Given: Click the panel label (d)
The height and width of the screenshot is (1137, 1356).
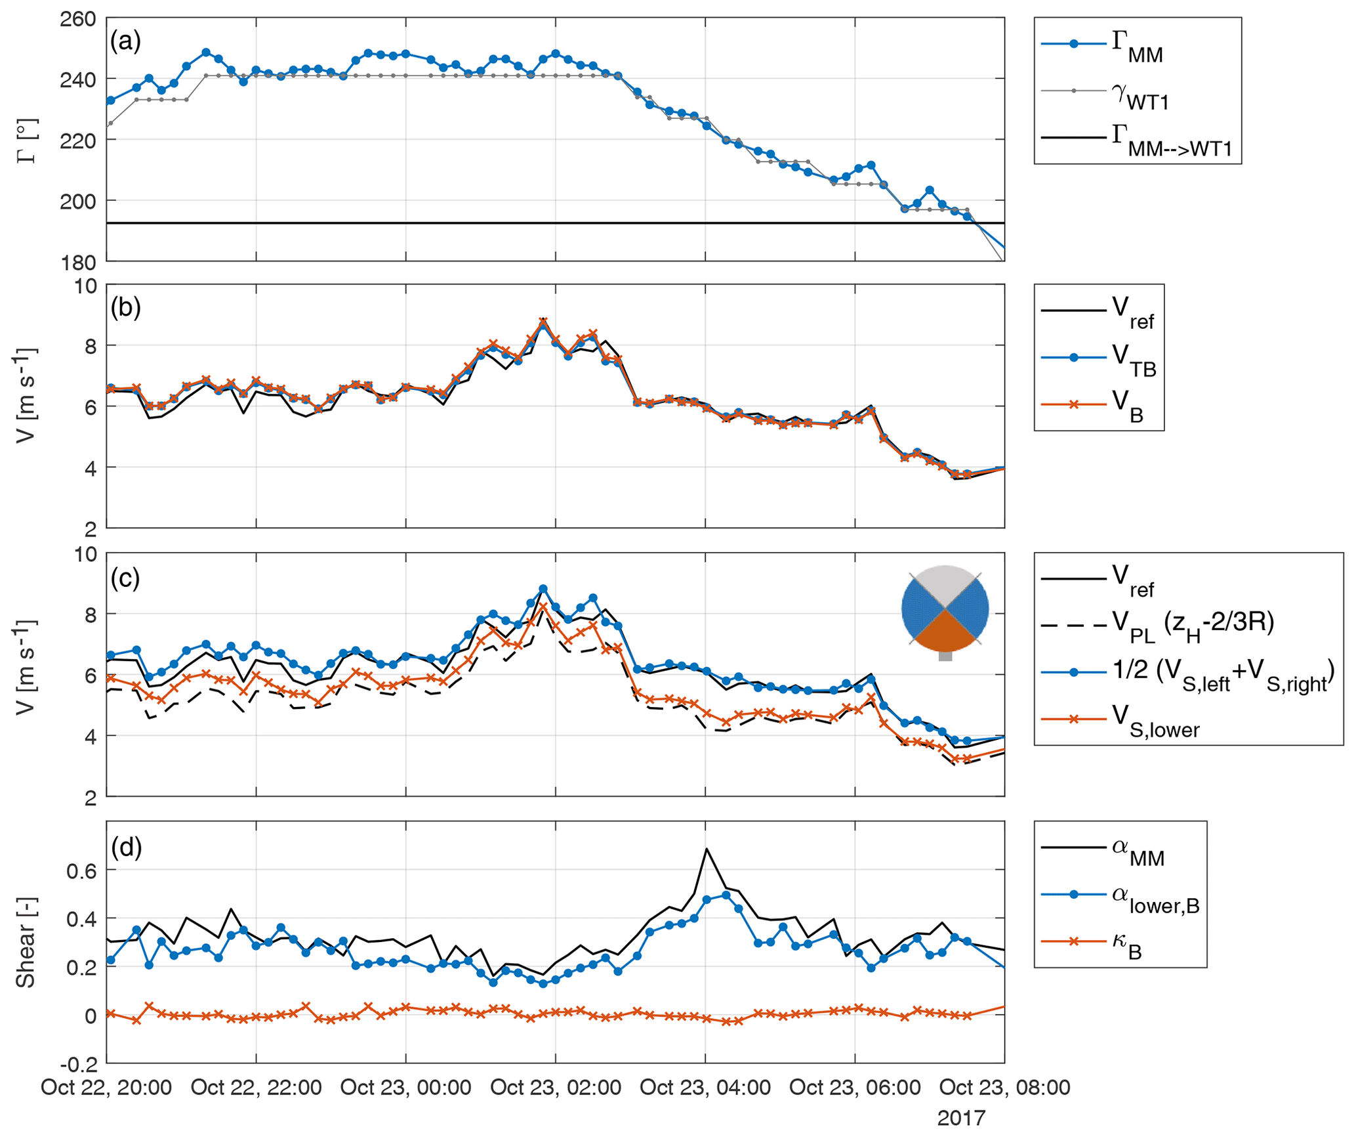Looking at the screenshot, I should click(x=126, y=848).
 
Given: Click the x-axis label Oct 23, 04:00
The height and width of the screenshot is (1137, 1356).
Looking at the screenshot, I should click(x=705, y=1087).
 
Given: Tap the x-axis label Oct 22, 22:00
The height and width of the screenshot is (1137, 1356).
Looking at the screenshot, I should click(x=256, y=1087).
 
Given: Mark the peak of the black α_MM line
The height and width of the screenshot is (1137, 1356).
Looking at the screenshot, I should click(x=707, y=848).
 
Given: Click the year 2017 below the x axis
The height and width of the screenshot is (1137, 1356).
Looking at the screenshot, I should click(x=961, y=1117).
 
